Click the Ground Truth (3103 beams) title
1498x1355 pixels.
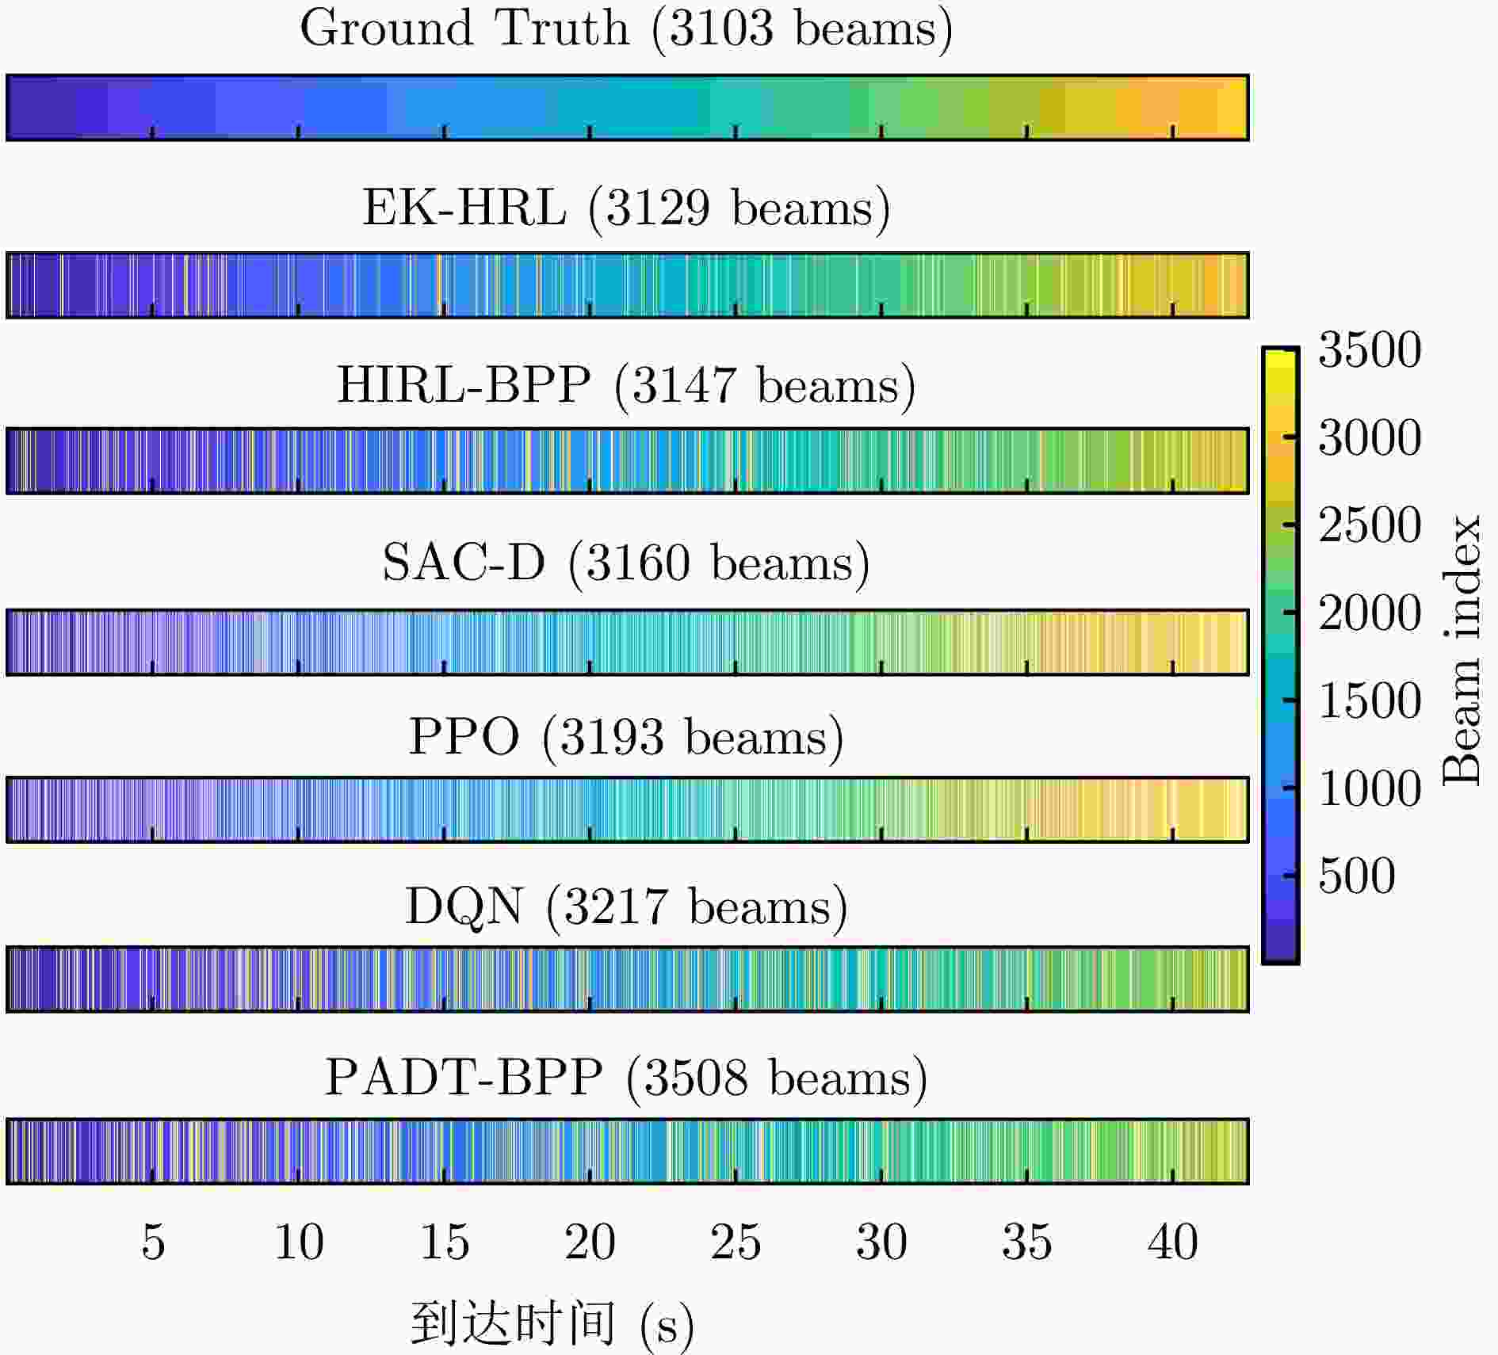pyautogui.click(x=626, y=29)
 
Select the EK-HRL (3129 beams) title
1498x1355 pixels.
pyautogui.click(x=626, y=208)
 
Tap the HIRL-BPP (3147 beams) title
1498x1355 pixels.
pyautogui.click(x=626, y=386)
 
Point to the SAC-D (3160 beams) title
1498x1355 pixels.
pyautogui.click(x=626, y=563)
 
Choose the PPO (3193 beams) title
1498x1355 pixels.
pyautogui.click(x=626, y=738)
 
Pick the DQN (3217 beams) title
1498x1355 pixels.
pyautogui.click(x=626, y=907)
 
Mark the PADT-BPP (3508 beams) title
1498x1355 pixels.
pyautogui.click(x=626, y=1078)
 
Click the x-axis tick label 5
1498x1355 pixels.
pyautogui.click(x=153, y=1242)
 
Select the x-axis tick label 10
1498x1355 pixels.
pyautogui.click(x=299, y=1242)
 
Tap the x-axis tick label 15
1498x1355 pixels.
pyautogui.click(x=445, y=1242)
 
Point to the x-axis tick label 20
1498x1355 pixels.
pyautogui.click(x=590, y=1242)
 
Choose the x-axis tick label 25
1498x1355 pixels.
pyautogui.click(x=736, y=1242)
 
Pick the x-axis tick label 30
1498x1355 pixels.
pyautogui.click(x=881, y=1242)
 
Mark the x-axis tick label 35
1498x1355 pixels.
pyautogui.click(x=1027, y=1242)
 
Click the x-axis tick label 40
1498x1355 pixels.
pyautogui.click(x=1173, y=1242)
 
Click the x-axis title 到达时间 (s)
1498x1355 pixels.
pyautogui.click(x=552, y=1324)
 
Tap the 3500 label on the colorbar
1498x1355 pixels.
pyautogui.click(x=1370, y=349)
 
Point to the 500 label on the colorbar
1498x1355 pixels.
pyautogui.click(x=1357, y=876)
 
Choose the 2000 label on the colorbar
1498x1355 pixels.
pyautogui.click(x=1370, y=613)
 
